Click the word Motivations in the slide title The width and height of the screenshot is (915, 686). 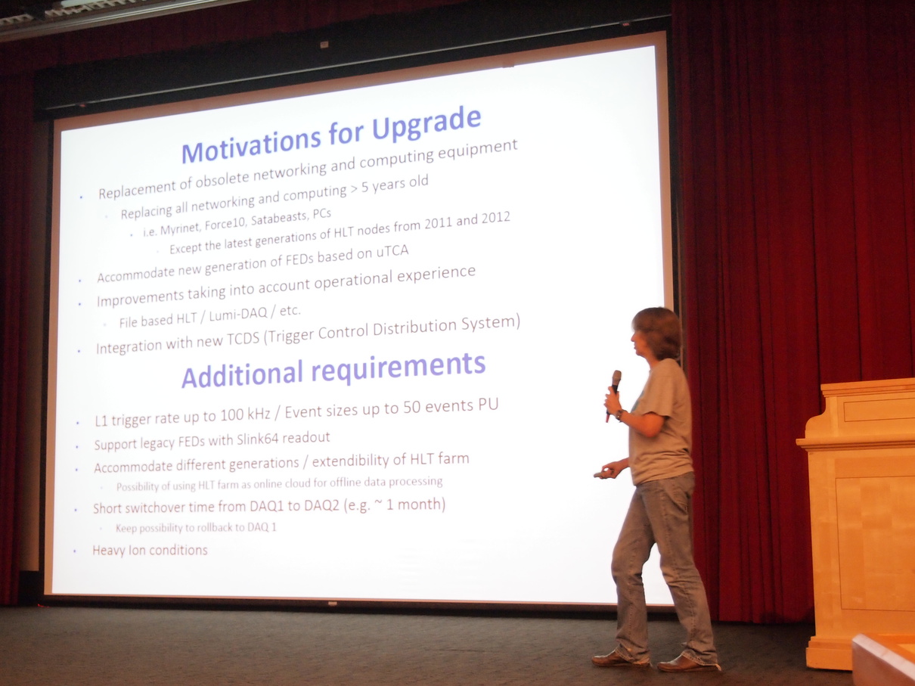[x=252, y=146]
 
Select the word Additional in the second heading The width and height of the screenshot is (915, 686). [x=243, y=373]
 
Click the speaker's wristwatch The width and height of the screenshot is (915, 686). [x=620, y=414]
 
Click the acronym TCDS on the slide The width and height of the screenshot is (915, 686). [x=243, y=339]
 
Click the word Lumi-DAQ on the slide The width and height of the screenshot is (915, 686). [x=238, y=315]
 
